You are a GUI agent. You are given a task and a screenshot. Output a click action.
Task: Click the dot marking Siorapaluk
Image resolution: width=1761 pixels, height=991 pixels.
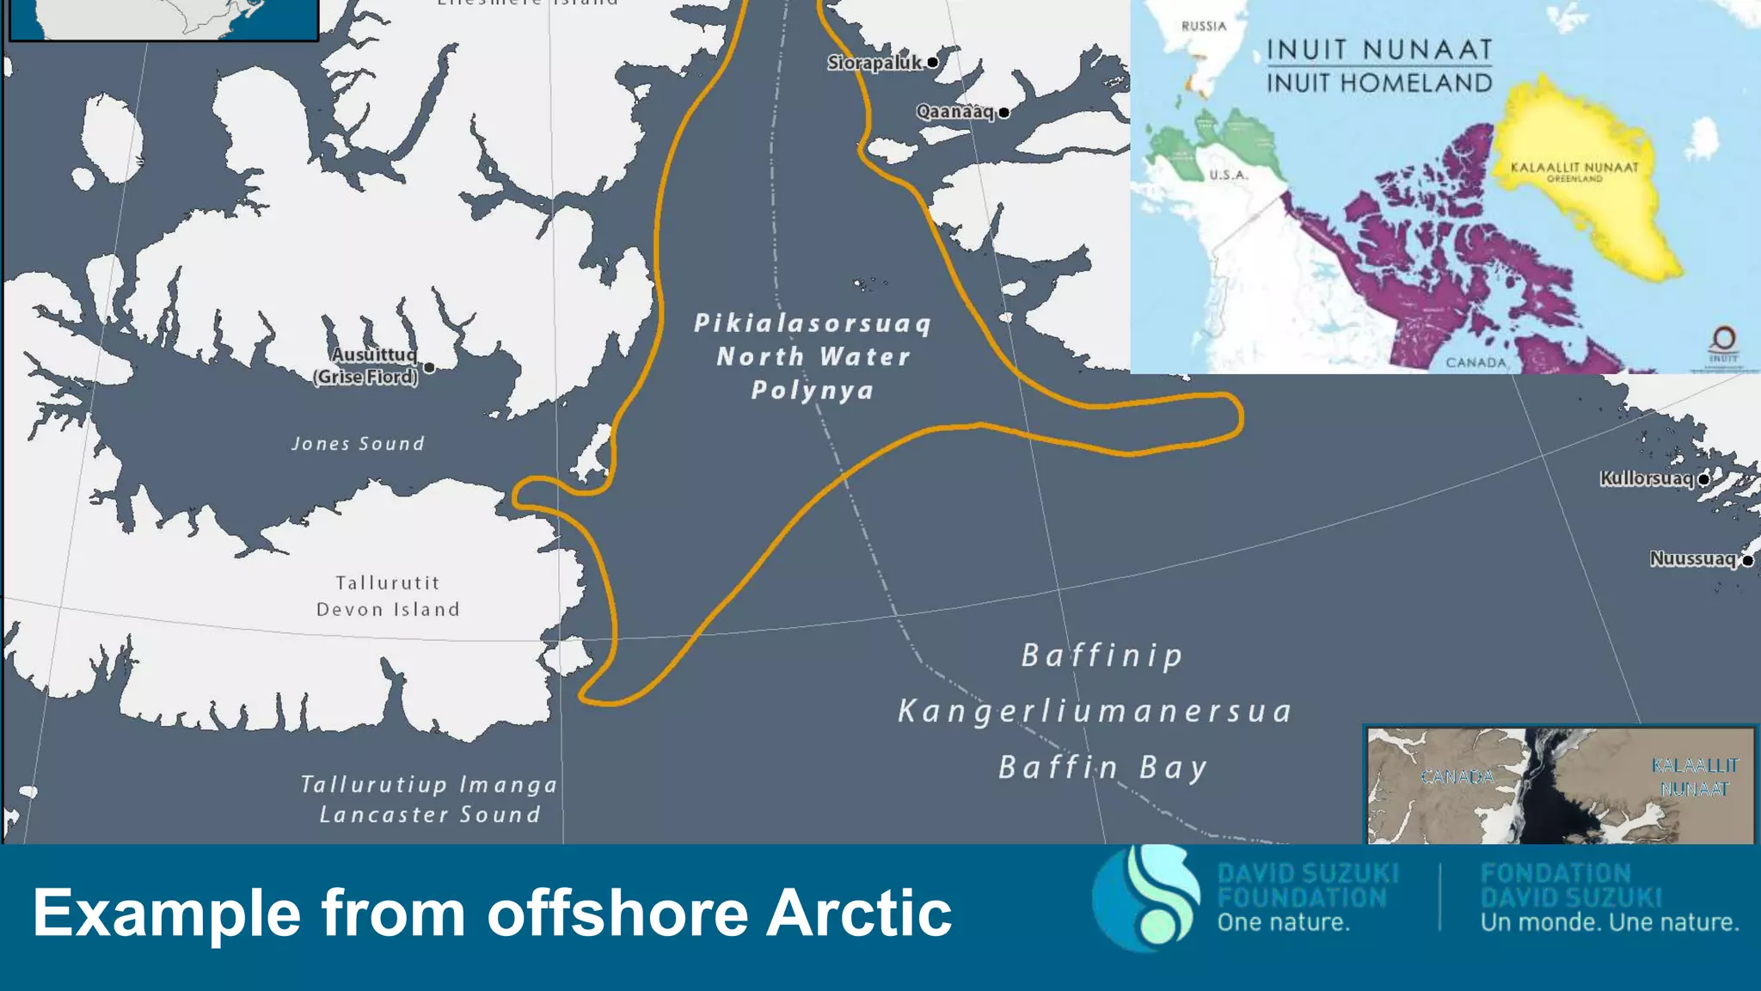[932, 62]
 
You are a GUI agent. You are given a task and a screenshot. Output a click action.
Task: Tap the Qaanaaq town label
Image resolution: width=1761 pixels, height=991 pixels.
[954, 112]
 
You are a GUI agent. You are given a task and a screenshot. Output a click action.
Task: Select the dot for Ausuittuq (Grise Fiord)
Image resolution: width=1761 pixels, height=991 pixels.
[429, 368]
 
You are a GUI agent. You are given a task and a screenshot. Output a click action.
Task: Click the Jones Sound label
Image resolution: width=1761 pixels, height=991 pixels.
[358, 444]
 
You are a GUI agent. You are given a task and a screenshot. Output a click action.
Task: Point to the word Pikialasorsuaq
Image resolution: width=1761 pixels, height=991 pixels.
[813, 323]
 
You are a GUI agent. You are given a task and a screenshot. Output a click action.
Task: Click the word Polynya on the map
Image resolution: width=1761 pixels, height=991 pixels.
[813, 391]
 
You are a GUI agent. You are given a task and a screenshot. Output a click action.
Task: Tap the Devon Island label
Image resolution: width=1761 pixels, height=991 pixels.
[388, 609]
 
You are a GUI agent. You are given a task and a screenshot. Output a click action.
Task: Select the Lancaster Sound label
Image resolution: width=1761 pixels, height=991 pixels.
[430, 814]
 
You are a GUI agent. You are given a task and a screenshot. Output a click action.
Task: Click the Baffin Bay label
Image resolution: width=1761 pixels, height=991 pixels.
[1102, 767]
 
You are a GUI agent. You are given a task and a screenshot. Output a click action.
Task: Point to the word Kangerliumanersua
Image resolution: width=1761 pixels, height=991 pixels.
[1095, 711]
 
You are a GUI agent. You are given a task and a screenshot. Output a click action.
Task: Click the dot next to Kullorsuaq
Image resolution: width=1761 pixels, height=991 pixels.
[1703, 479]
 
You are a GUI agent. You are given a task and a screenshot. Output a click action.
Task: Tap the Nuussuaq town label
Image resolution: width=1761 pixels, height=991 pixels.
[1692, 559]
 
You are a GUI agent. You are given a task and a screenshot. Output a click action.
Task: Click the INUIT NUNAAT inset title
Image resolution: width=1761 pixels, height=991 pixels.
[1379, 50]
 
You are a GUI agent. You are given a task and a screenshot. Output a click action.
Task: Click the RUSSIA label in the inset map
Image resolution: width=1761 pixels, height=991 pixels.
[1204, 27]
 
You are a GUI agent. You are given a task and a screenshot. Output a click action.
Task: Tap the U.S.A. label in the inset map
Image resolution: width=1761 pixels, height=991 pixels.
[1228, 175]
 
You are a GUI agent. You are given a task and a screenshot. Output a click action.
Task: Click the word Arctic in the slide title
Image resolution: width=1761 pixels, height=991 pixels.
[858, 913]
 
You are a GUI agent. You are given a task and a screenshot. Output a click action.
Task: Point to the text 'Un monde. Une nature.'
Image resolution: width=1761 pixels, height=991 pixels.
[1609, 923]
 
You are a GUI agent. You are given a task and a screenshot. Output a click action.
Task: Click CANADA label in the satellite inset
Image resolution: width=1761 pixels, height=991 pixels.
[1457, 778]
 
